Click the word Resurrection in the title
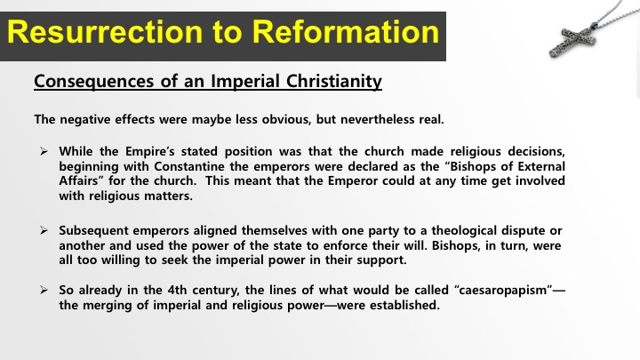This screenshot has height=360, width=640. click(x=105, y=32)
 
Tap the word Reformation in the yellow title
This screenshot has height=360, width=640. click(x=345, y=32)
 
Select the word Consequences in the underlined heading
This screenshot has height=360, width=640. click(x=94, y=81)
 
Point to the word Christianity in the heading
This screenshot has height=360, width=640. click(x=334, y=81)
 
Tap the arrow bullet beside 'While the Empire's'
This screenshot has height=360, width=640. click(x=44, y=151)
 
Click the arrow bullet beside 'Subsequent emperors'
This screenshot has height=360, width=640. click(x=44, y=230)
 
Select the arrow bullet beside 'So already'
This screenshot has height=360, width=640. click(x=44, y=290)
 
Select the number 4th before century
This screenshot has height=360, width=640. click(x=177, y=290)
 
